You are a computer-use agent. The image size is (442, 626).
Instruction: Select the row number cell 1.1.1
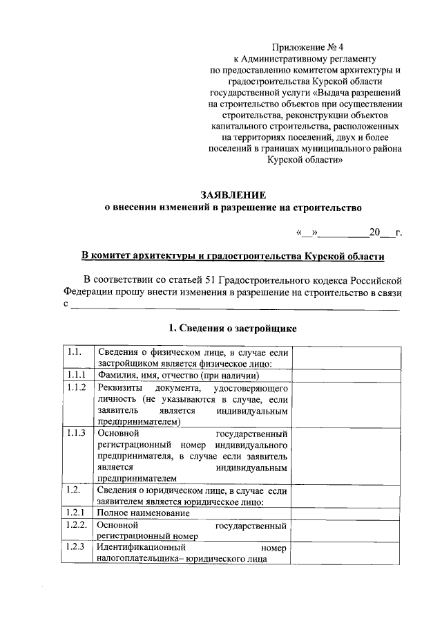coord(76,376)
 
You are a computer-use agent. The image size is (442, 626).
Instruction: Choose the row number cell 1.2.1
coord(76,513)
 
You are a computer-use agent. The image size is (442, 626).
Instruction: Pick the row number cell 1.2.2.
coord(77,525)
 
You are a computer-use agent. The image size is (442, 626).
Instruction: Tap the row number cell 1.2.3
coord(76,548)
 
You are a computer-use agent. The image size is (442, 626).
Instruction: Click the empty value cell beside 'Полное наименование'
coord(347,513)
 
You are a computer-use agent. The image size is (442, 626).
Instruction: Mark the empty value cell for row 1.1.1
coord(347,376)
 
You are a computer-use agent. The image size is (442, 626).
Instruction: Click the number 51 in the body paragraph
coord(213,279)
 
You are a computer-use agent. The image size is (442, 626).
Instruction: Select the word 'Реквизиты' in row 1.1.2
coord(119,387)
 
